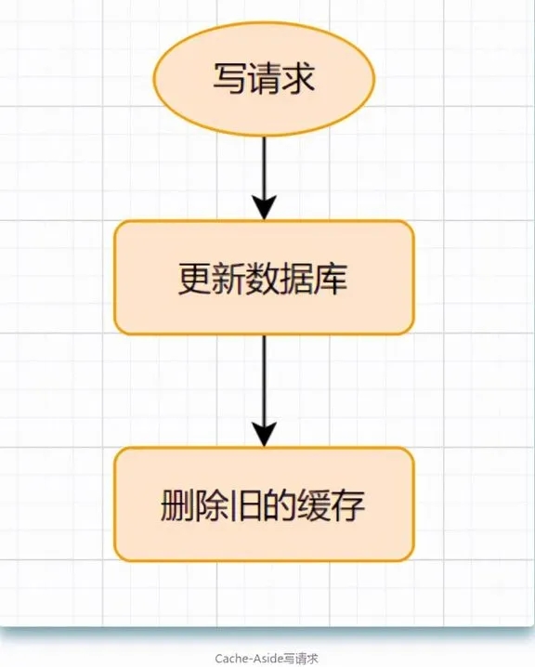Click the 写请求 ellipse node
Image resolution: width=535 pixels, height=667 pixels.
(264, 79)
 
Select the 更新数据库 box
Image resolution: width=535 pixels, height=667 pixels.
(264, 278)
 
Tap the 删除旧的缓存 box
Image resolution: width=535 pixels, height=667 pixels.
(264, 504)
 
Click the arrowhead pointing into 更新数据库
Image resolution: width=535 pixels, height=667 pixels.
(264, 208)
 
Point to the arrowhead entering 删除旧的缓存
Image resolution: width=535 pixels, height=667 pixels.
(264, 435)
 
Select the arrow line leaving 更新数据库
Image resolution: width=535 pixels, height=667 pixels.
(264, 391)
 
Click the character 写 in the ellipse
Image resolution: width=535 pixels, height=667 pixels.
(230, 78)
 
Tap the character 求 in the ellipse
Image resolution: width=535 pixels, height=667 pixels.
(298, 78)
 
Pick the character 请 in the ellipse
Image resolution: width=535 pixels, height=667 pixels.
(264, 78)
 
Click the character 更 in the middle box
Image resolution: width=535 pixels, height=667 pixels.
(195, 279)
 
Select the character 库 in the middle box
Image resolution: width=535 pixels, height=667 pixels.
(331, 279)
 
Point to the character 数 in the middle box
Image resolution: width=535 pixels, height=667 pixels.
(263, 279)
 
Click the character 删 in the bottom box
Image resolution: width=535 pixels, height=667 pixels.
(177, 505)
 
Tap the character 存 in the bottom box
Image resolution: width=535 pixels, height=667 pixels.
(348, 505)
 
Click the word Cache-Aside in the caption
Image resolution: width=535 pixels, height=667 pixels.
(249, 659)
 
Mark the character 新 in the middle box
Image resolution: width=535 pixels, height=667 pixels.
(229, 279)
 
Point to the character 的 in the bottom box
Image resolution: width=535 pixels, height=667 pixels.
(280, 505)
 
